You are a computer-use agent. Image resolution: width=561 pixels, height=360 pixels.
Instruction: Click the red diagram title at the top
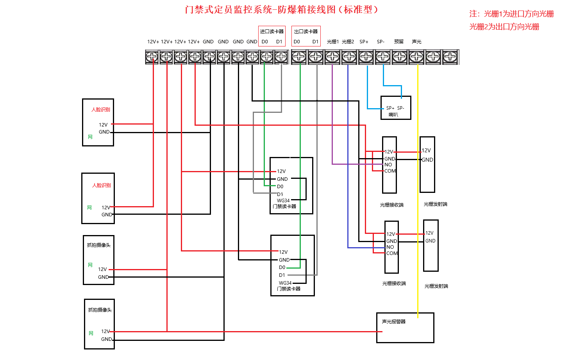pyautogui.click(x=281, y=10)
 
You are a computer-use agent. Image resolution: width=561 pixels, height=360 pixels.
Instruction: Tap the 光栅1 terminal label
pyautogui.click(x=332, y=42)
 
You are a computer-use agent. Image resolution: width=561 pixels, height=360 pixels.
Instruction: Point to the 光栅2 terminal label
pyautogui.click(x=348, y=42)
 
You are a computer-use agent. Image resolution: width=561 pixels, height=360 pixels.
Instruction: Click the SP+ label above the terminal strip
pyautogui.click(x=364, y=42)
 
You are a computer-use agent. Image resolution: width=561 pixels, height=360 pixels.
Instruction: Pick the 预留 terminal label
pyautogui.click(x=398, y=42)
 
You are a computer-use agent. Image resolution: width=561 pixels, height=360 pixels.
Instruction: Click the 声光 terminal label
pyautogui.click(x=416, y=42)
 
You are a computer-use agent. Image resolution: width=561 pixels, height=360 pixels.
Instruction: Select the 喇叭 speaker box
pyautogui.click(x=395, y=108)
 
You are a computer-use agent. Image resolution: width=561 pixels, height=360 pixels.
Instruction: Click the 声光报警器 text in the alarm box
pyautogui.click(x=393, y=322)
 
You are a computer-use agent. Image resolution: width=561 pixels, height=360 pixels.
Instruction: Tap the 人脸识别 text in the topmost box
pyautogui.click(x=100, y=110)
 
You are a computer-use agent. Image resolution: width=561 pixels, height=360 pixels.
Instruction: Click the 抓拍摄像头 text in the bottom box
pyautogui.click(x=100, y=310)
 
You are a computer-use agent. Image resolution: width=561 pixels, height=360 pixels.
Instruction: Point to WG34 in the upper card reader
pyautogui.click(x=283, y=201)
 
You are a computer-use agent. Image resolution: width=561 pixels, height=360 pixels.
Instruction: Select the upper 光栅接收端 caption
pyautogui.click(x=391, y=205)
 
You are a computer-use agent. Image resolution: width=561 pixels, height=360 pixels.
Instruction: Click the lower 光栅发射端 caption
pyautogui.click(x=436, y=286)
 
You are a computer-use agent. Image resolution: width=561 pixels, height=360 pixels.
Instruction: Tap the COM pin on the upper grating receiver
pyautogui.click(x=390, y=171)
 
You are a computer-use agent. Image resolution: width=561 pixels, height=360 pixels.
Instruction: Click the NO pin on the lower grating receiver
pyautogui.click(x=390, y=247)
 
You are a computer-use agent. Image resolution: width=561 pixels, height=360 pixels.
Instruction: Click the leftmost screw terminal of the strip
pyautogui.click(x=152, y=57)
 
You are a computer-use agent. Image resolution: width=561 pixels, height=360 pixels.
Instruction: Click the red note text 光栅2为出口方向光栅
pyautogui.click(x=504, y=27)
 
